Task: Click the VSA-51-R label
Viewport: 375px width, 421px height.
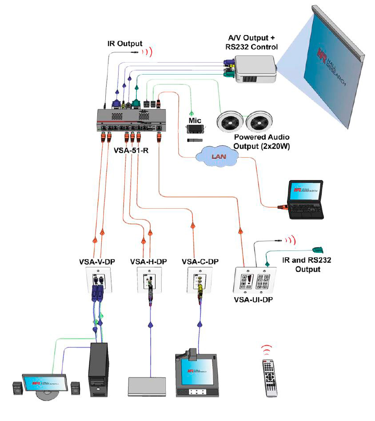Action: [131, 151]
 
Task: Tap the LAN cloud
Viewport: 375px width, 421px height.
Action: [217, 156]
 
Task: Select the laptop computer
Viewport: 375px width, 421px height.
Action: [305, 199]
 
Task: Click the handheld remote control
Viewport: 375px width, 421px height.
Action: [269, 378]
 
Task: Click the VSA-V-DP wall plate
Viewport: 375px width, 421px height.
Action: [99, 281]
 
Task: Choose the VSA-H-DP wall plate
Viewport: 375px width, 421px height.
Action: [149, 280]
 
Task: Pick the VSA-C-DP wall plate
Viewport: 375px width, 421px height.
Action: [199, 280]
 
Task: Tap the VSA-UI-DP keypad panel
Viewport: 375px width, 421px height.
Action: [255, 280]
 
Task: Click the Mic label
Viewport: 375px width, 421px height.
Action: [195, 120]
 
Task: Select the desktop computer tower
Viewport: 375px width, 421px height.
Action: [99, 370]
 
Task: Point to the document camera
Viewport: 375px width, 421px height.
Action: [197, 373]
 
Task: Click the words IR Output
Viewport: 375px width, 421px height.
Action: [125, 44]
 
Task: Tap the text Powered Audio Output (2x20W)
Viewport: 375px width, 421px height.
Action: [261, 142]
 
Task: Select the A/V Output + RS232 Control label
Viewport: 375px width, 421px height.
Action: [251, 43]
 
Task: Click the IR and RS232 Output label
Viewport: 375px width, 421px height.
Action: [307, 265]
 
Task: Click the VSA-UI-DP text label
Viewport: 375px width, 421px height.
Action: [253, 300]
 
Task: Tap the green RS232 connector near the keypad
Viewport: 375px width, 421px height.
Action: [318, 250]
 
